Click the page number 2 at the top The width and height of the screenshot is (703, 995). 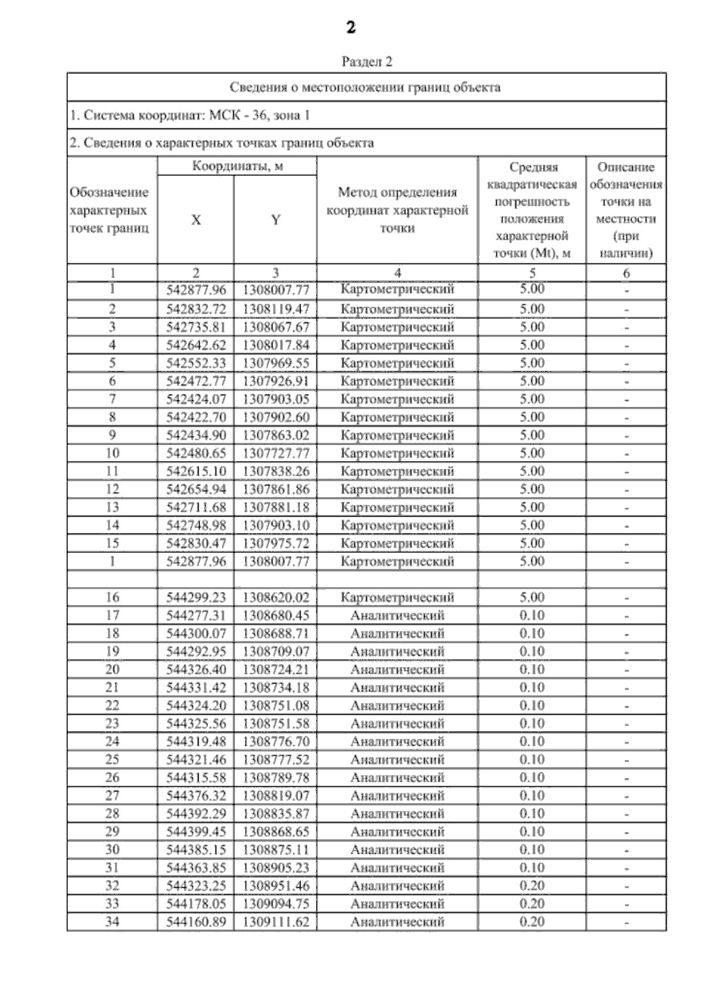[x=351, y=28]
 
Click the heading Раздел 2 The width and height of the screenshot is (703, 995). [x=367, y=62]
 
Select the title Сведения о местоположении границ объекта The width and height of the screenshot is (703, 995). [x=365, y=88]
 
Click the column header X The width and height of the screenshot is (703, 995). [x=196, y=220]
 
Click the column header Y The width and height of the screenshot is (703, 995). [x=275, y=220]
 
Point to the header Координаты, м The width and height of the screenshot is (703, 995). [x=237, y=167]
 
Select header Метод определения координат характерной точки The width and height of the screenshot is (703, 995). [x=397, y=210]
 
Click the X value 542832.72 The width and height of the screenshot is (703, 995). [x=196, y=309]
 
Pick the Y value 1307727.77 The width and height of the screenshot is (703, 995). [x=275, y=453]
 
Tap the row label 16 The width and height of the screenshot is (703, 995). [x=112, y=597]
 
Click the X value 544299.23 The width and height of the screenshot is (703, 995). [x=196, y=597]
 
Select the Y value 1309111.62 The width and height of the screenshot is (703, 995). [x=275, y=922]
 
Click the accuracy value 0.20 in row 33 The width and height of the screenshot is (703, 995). [x=531, y=904]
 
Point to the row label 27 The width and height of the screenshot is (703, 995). [x=112, y=796]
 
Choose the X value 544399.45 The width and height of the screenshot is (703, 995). [x=196, y=831]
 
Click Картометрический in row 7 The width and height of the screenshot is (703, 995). [x=397, y=399]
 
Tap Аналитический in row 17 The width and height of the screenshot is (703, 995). [x=397, y=616]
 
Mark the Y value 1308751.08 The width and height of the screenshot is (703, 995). [x=275, y=705]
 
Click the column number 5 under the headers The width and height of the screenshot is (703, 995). [x=531, y=273]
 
